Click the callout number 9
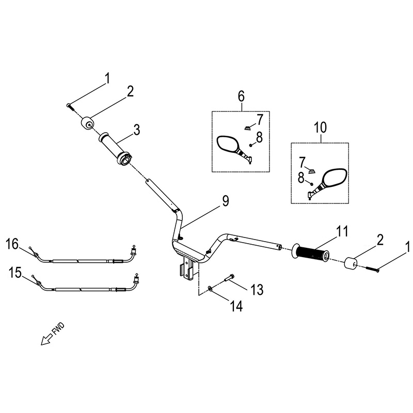(225, 201)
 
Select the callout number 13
(257, 290)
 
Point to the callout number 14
(236, 306)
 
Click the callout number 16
(12, 244)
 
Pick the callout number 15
(15, 273)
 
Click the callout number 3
(136, 130)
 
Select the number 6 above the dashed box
(241, 97)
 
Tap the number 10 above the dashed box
(320, 128)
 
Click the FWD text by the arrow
(58, 329)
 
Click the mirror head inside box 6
(227, 144)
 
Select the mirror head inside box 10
(334, 178)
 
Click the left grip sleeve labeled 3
(115, 148)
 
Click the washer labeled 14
(210, 288)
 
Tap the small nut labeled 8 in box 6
(251, 145)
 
